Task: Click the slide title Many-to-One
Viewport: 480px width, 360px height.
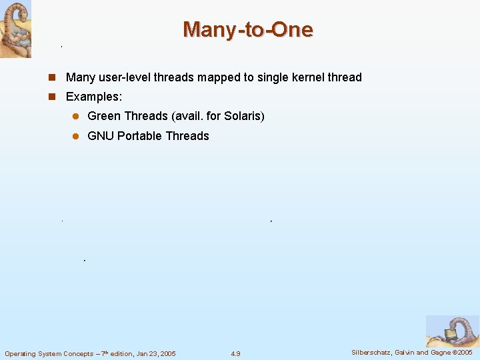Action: pyautogui.click(x=247, y=29)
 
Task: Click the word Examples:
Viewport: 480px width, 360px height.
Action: pyautogui.click(x=94, y=97)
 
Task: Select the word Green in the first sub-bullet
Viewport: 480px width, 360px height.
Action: pyautogui.click(x=104, y=116)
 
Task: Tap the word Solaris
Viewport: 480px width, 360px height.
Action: pyautogui.click(x=244, y=116)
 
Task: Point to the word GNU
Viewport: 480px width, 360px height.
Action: pyautogui.click(x=101, y=136)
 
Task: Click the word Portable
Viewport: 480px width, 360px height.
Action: pyautogui.click(x=139, y=136)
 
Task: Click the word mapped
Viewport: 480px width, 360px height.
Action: pyautogui.click(x=215, y=77)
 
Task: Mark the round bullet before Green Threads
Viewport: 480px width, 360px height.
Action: pyautogui.click(x=75, y=117)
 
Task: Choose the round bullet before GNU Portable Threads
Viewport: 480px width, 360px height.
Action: pyautogui.click(x=75, y=137)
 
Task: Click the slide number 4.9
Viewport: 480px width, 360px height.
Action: pyautogui.click(x=235, y=353)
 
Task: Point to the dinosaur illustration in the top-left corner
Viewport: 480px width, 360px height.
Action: pyautogui.click(x=15, y=29)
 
